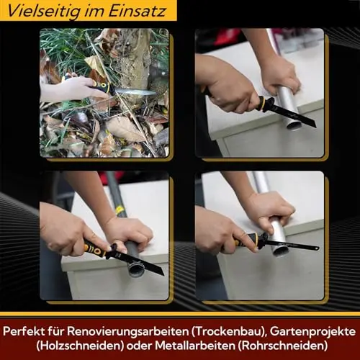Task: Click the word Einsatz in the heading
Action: click(137, 11)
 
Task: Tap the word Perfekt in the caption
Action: click(24, 331)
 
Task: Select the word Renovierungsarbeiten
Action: click(127, 332)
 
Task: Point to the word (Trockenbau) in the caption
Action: click(230, 332)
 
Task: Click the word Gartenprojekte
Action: click(313, 332)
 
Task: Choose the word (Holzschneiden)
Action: click(80, 346)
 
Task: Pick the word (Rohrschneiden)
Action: click(283, 346)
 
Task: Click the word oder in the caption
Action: click(139, 346)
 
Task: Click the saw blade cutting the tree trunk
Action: click(135, 91)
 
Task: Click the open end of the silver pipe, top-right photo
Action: click(294, 125)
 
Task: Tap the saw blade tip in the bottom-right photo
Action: click(318, 248)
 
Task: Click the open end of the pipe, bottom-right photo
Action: click(281, 251)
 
